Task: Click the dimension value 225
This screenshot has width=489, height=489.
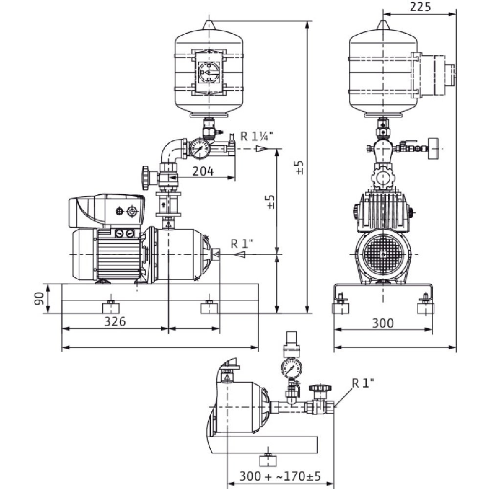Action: click(420, 6)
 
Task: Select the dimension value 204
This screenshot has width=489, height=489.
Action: click(203, 171)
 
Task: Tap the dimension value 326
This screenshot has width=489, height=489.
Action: click(115, 321)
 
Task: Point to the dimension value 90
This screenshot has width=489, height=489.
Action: click(39, 298)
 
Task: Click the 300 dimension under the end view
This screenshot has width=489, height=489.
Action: click(383, 323)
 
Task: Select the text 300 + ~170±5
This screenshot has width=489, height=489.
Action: click(280, 476)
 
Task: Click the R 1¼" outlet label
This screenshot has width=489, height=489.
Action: click(257, 136)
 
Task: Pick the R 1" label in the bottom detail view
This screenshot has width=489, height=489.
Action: click(363, 383)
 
